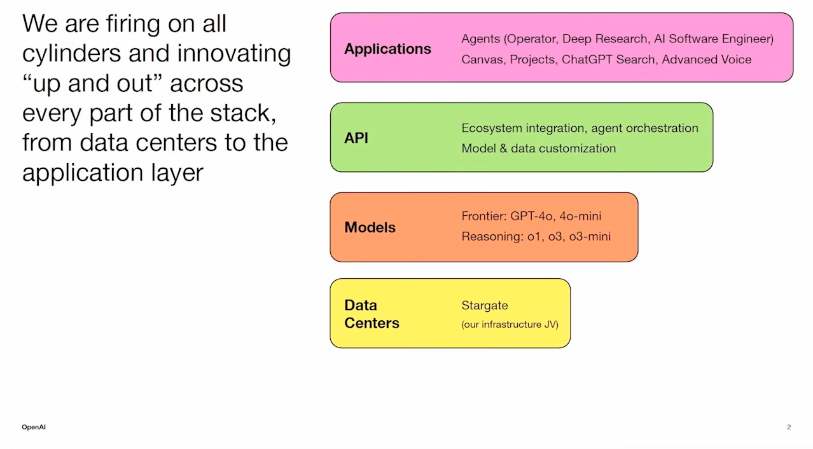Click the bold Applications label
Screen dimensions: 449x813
[x=388, y=49]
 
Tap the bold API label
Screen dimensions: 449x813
[x=356, y=138]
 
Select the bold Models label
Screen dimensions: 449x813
[x=370, y=227]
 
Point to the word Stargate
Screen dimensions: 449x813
[x=484, y=305]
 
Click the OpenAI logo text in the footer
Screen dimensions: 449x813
[x=34, y=427]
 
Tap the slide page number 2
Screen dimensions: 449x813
[x=789, y=427]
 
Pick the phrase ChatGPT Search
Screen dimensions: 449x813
[x=608, y=60]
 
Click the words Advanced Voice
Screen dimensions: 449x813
[x=706, y=60]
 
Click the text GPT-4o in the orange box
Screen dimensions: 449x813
[x=532, y=216]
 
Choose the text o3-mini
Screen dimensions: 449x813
[x=589, y=236]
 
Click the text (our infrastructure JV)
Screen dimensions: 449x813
[x=510, y=324]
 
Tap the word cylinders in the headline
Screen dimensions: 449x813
[x=71, y=54]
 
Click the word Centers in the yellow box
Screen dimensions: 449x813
[x=372, y=323]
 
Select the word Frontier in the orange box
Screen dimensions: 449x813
[x=484, y=216]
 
